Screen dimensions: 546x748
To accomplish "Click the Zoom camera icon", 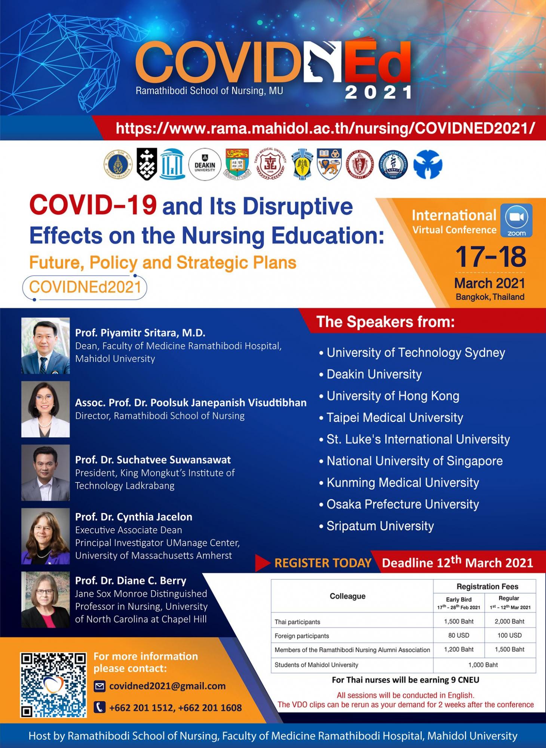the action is coord(516,220).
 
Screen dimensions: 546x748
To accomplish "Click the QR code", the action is coord(53,685).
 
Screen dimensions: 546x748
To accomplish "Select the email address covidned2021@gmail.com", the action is coord(167,686).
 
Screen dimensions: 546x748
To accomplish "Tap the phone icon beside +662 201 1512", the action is coord(99,707).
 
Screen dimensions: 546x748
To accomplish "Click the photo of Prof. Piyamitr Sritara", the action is coord(46,346).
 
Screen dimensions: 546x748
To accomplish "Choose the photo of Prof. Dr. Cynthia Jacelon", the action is coord(46,536).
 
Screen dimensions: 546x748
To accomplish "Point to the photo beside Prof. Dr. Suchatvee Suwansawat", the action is coord(46,473).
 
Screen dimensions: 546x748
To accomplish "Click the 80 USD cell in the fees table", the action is coord(458,635).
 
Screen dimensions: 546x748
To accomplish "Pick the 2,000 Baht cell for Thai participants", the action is coord(509,621).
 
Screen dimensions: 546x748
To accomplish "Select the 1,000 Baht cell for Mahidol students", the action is coord(484,665).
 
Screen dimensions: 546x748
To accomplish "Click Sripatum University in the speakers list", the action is coord(380,526).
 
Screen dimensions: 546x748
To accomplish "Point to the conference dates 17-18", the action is coord(490,257).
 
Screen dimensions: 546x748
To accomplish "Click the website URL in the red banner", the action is coord(325,128).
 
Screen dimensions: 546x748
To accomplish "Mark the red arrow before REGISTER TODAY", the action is coord(263,563).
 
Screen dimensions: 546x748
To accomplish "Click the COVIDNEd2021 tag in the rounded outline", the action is coord(85,287).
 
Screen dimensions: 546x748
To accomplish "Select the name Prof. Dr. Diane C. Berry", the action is coord(131,580).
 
